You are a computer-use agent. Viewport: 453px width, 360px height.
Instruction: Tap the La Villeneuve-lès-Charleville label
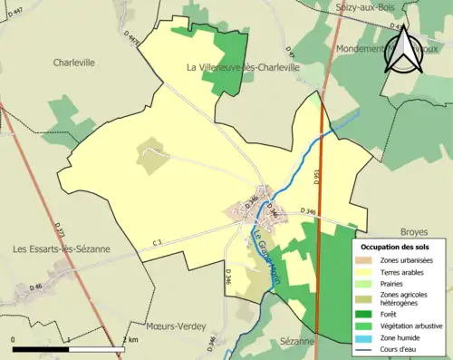coord(243,67)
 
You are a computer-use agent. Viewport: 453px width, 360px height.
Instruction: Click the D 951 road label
coord(318,180)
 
